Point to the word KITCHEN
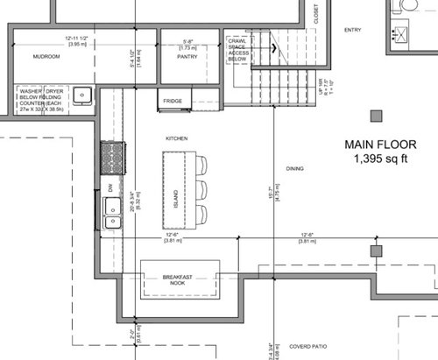click(177, 138)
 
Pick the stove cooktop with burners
click(111, 158)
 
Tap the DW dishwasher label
click(110, 186)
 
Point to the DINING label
click(294, 167)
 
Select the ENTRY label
click(352, 30)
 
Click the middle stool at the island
click(202, 188)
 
